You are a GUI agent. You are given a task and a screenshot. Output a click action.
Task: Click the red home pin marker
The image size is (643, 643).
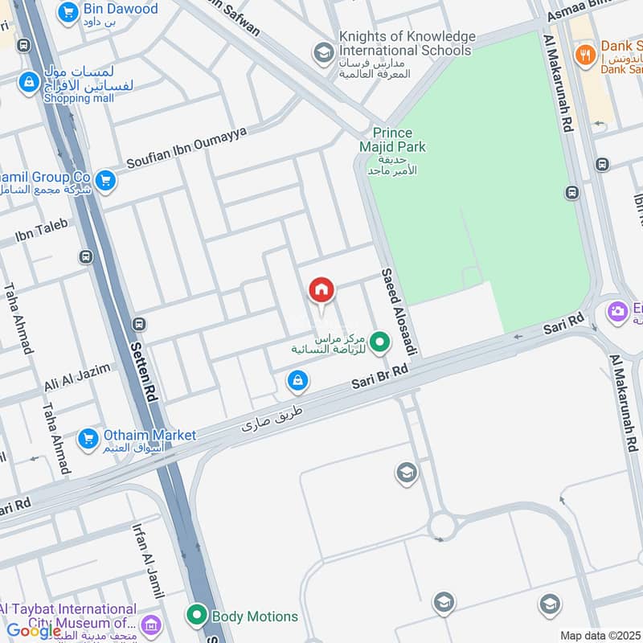click(x=321, y=291)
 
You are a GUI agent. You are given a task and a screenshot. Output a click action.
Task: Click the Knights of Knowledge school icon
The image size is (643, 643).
click(x=324, y=53)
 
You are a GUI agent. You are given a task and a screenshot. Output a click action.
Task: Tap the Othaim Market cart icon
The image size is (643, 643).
click(x=88, y=439)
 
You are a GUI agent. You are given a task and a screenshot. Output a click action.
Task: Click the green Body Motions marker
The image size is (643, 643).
click(x=197, y=616)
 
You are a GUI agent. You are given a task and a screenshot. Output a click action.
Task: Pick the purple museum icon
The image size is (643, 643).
click(x=149, y=625)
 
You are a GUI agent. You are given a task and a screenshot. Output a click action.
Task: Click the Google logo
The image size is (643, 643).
click(x=34, y=631)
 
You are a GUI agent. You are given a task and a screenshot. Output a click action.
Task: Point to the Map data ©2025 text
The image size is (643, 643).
click(x=599, y=635)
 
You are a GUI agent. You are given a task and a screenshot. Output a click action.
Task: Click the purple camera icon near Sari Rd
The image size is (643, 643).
click(x=617, y=311)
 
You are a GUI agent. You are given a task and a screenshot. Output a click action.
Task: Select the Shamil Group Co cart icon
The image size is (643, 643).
click(x=104, y=182)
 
